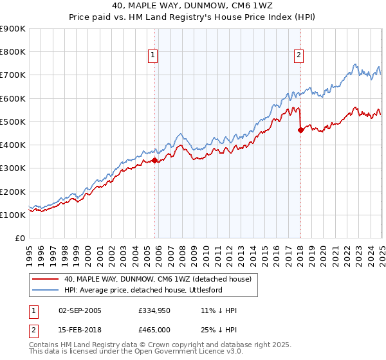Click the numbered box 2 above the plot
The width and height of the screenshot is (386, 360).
(x=300, y=56)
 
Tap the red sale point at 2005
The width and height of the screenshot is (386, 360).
(x=155, y=161)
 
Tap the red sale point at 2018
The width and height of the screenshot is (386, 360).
(x=301, y=130)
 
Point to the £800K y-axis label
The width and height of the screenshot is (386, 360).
(x=13, y=52)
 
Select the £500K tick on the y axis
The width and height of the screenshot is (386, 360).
(x=13, y=122)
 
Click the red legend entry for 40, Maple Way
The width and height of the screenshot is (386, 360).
(x=161, y=279)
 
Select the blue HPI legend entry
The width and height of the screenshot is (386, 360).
(x=151, y=290)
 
